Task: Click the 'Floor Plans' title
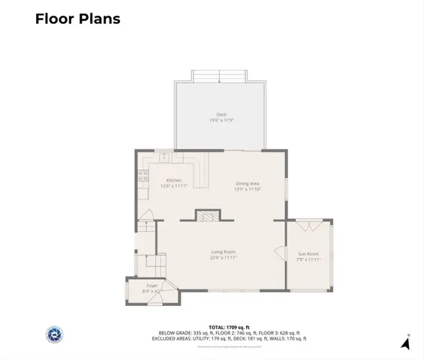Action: tap(77, 19)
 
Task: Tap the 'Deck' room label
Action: tap(221, 114)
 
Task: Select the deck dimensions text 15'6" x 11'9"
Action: tap(221, 120)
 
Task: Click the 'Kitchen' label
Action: tap(174, 180)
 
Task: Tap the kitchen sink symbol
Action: tap(164, 158)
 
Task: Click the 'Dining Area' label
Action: tap(248, 184)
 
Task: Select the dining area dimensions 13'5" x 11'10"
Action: tap(248, 190)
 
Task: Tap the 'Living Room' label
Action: tap(223, 252)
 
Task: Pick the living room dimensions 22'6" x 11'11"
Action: tap(223, 258)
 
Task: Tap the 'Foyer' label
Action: tap(152, 285)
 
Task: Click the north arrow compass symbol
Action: tap(405, 343)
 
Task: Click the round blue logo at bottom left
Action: tap(55, 335)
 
